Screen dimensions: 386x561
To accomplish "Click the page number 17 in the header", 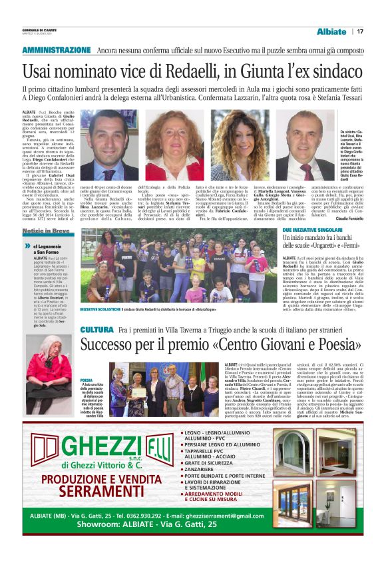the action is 360,31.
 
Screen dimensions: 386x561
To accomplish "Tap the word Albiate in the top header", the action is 331,31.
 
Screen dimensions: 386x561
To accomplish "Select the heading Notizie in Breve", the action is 45,230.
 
